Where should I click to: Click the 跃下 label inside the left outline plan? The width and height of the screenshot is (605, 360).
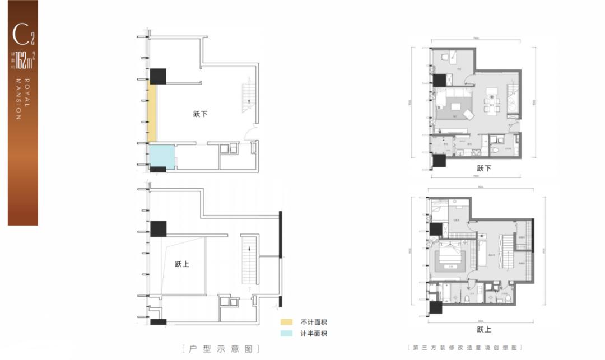click(200, 114)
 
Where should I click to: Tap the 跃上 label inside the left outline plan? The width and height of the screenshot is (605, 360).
click(182, 264)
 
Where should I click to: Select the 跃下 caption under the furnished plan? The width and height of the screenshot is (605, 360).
click(483, 167)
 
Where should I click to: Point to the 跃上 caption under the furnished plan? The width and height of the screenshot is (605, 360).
click(483, 330)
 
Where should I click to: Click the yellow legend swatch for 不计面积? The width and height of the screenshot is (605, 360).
click(286, 322)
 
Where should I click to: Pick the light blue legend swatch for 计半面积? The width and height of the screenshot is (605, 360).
click(286, 334)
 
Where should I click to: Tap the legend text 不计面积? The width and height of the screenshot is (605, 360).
click(313, 322)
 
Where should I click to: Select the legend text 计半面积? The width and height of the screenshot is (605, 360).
click(313, 334)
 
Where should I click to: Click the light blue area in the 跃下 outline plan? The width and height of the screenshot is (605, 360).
click(161, 155)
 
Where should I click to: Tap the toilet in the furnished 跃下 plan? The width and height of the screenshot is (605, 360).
click(497, 147)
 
